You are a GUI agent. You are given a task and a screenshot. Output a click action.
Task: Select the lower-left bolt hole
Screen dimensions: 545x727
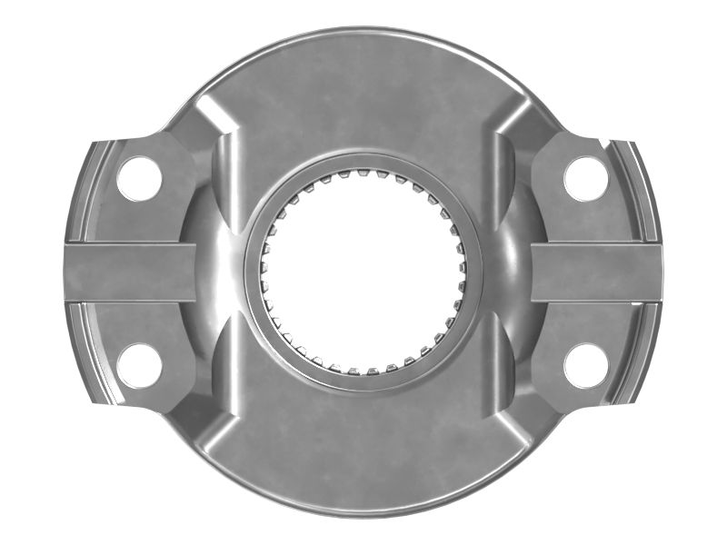tap(139, 365)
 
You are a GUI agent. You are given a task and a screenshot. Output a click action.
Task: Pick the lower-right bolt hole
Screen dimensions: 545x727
tap(586, 365)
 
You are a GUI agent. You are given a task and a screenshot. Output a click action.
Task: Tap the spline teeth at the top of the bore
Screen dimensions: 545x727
tap(363, 179)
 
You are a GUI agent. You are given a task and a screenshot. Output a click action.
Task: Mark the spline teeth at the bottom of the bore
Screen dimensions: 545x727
tap(363, 367)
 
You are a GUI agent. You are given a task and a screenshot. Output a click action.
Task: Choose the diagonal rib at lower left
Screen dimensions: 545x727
tap(214, 427)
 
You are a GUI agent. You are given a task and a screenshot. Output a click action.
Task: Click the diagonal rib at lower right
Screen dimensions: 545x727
tap(513, 427)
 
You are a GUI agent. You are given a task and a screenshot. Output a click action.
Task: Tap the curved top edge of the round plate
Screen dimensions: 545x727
tap(363, 31)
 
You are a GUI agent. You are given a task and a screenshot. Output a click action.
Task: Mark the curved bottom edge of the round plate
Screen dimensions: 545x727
tap(363, 512)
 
